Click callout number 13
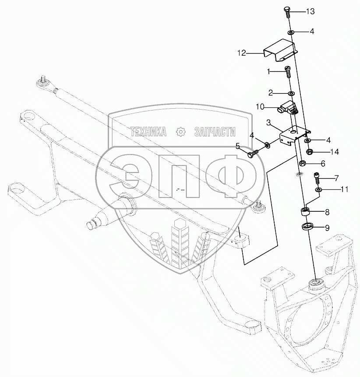(310, 11)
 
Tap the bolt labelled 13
(287, 11)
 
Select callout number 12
(242, 53)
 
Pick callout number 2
(271, 92)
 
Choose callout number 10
(259, 106)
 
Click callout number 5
(238, 146)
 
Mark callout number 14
(335, 152)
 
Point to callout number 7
(336, 178)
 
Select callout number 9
(327, 227)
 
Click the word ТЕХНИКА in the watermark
(148, 132)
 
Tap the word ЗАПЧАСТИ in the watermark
(215, 132)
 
